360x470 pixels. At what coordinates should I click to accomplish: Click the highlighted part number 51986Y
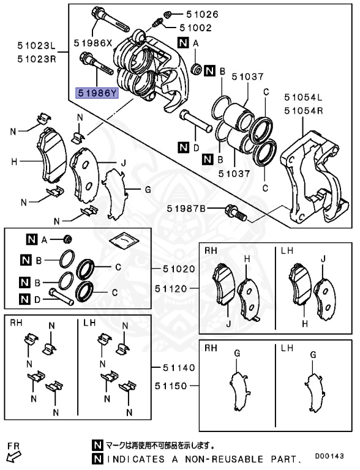click(95, 93)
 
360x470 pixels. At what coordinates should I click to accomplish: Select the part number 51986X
click(94, 43)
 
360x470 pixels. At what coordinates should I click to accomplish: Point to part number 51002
click(195, 28)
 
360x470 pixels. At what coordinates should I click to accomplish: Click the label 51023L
click(36, 47)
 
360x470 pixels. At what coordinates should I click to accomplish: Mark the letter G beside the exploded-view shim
click(147, 190)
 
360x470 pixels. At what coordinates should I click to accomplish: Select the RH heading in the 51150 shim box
click(211, 348)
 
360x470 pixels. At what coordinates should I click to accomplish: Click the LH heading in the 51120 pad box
click(287, 251)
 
